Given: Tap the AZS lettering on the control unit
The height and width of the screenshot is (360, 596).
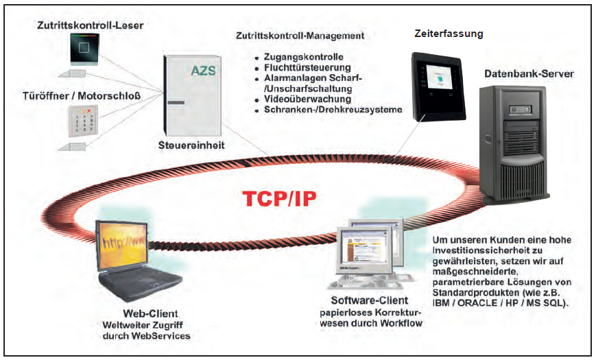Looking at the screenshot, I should (204, 70).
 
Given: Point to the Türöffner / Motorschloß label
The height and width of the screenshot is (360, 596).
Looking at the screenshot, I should (81, 95).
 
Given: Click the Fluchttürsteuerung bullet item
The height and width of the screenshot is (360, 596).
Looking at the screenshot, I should (307, 67).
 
